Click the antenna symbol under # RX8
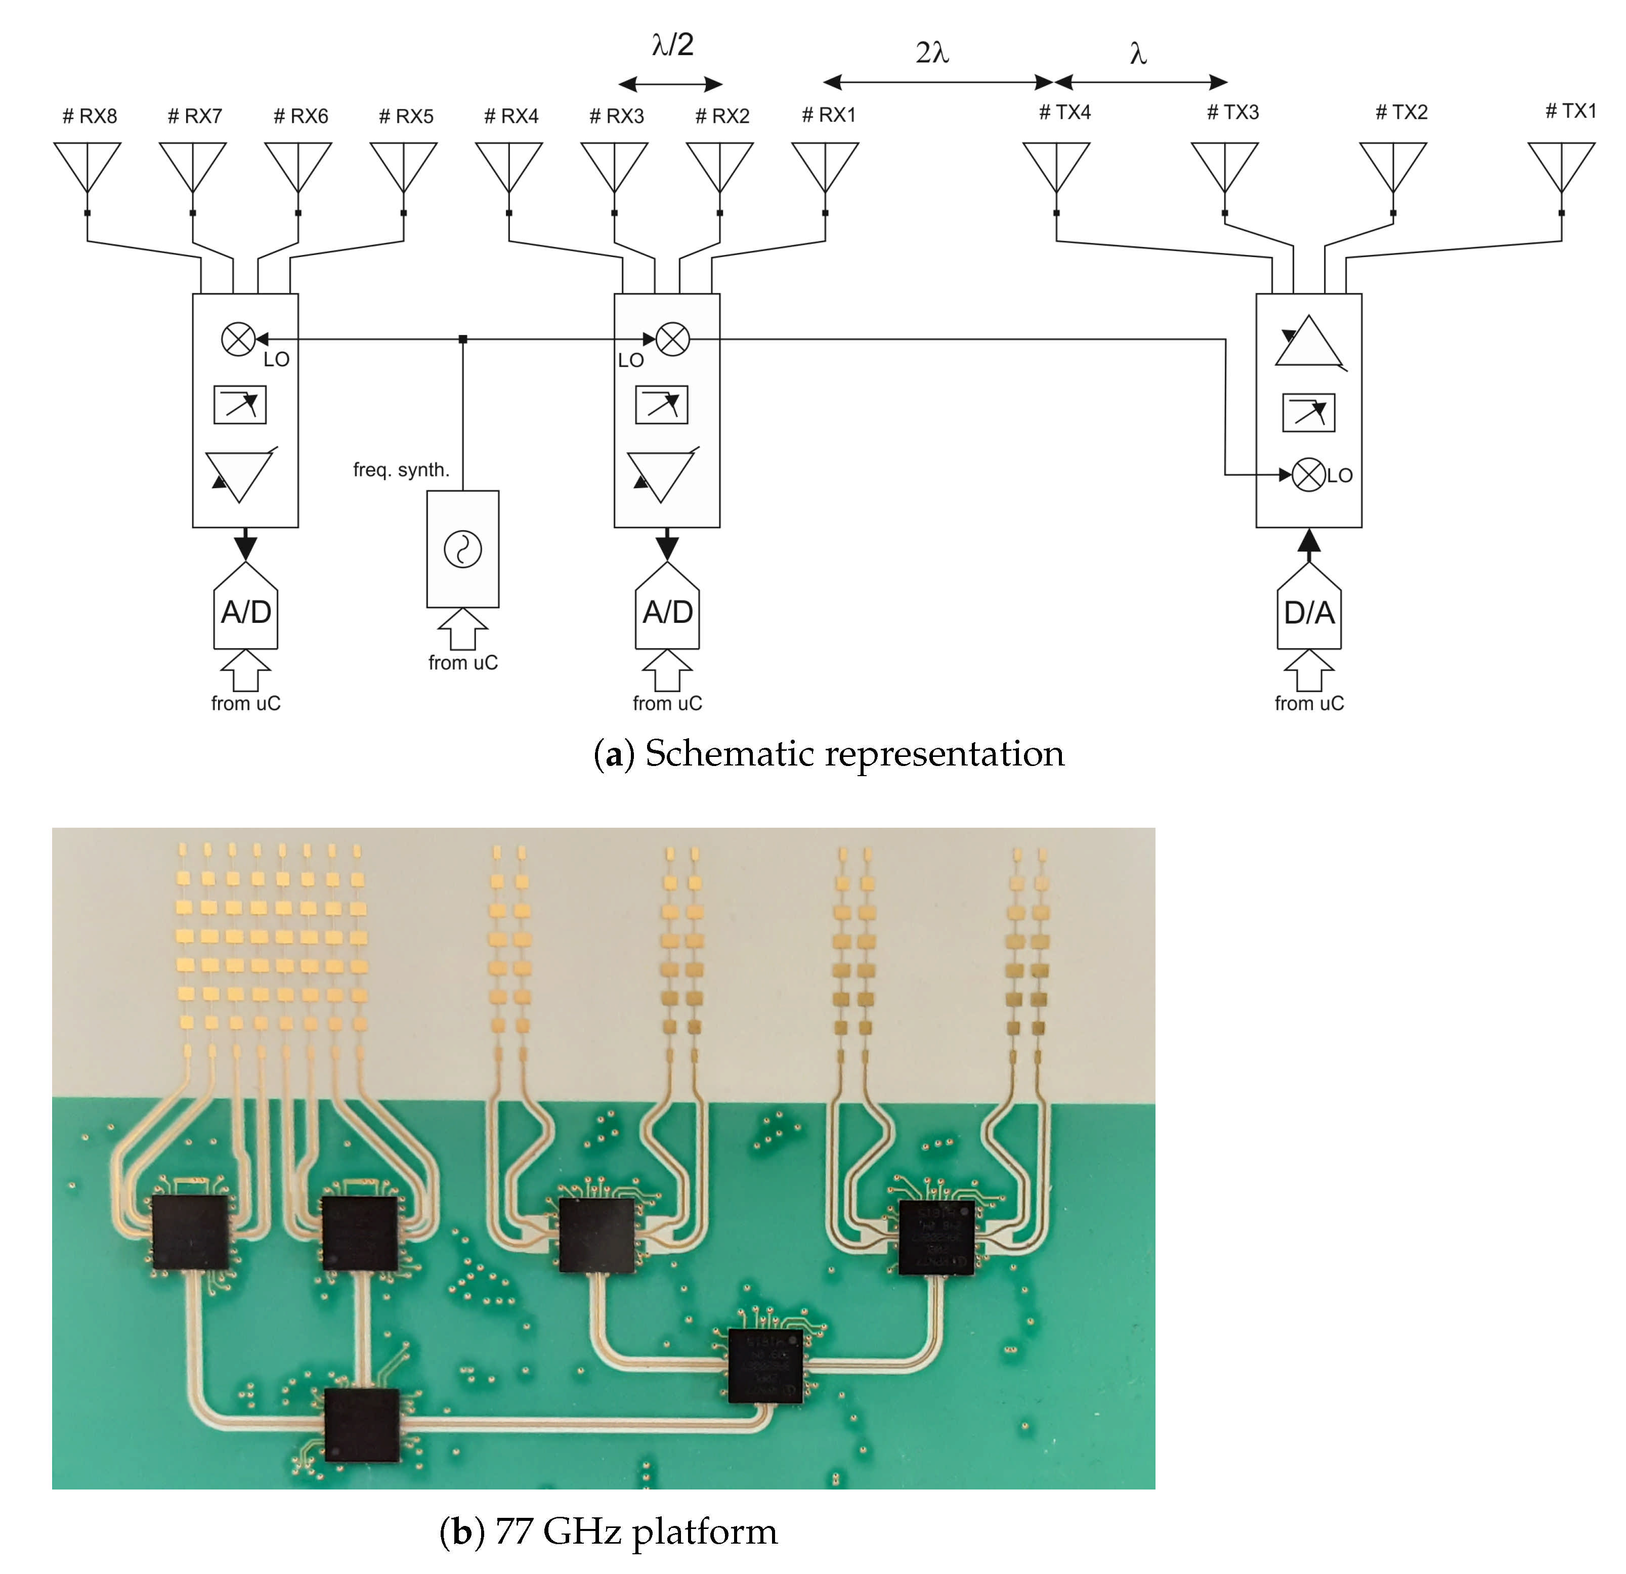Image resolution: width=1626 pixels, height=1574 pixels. pos(87,166)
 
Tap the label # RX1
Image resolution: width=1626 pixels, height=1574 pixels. pos(828,115)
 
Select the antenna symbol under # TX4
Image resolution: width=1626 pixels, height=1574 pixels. pos(1056,166)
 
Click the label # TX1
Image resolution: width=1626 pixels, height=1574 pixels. pos(1570,111)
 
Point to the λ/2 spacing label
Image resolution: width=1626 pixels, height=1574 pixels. pos(672,45)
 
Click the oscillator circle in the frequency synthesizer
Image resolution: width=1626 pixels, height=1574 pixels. pos(463,549)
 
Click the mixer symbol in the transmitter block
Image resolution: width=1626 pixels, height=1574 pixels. pos(1308,475)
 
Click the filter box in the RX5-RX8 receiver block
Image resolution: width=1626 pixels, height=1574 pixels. pos(240,405)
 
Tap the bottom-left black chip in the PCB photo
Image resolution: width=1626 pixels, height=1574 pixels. pos(362,1425)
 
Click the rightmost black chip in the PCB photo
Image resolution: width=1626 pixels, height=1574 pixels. pos(936,1237)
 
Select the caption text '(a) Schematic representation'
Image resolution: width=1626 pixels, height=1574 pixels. pos(829,753)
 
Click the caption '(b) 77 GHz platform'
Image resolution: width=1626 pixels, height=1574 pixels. pos(608,1532)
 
